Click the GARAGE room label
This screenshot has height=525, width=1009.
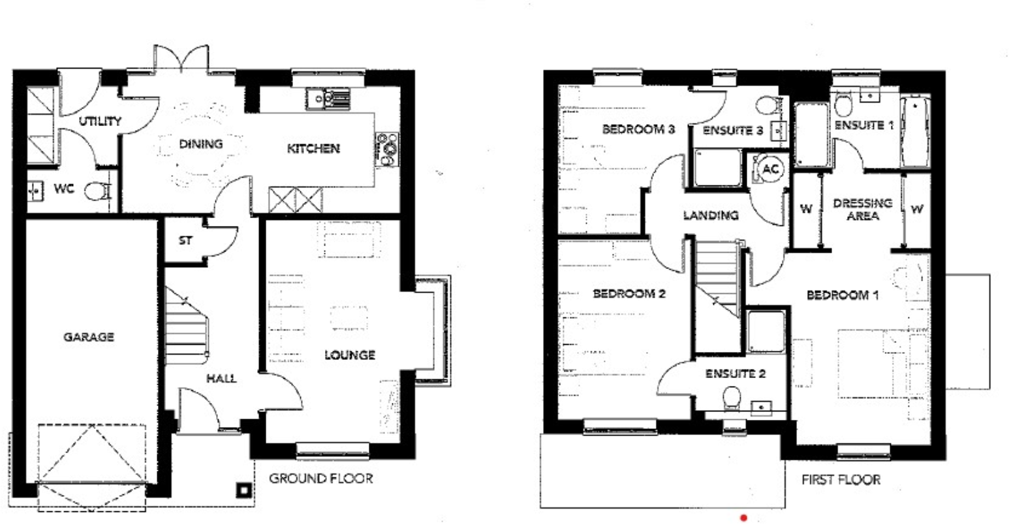pyautogui.click(x=89, y=337)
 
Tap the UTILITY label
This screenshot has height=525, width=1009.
pyautogui.click(x=100, y=121)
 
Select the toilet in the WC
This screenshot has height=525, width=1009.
pyautogui.click(x=97, y=191)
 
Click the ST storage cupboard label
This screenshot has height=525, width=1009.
pyautogui.click(x=185, y=240)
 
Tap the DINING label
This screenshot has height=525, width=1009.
pyautogui.click(x=200, y=144)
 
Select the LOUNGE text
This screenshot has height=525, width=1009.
pyautogui.click(x=350, y=355)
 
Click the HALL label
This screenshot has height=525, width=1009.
pyautogui.click(x=221, y=379)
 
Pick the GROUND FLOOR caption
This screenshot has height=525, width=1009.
pyautogui.click(x=321, y=479)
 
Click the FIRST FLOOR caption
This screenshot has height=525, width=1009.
pyautogui.click(x=841, y=480)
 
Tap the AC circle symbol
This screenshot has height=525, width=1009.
pyautogui.click(x=770, y=169)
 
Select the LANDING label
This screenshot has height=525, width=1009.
pyautogui.click(x=711, y=215)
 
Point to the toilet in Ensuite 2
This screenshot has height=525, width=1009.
pyautogui.click(x=732, y=396)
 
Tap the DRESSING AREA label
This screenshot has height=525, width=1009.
pyautogui.click(x=862, y=209)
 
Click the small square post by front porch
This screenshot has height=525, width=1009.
pyautogui.click(x=243, y=489)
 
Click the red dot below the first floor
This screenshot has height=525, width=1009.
pyautogui.click(x=743, y=518)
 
